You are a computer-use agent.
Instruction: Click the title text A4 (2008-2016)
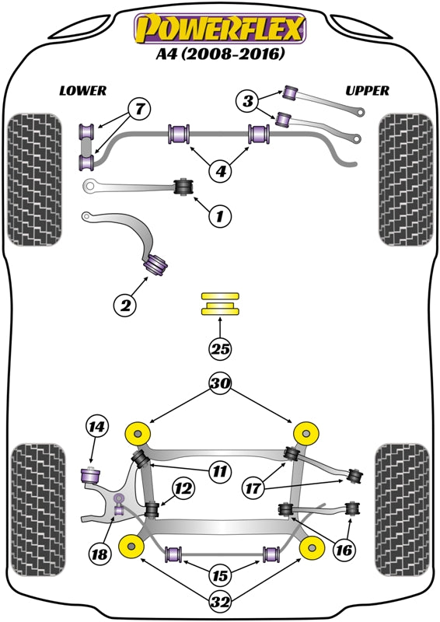pos(220,55)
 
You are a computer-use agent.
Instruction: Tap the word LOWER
pos(82,90)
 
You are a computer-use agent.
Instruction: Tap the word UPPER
pos(367,90)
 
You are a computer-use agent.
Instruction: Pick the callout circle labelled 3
pos(248,100)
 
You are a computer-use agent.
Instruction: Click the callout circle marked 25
pos(220,350)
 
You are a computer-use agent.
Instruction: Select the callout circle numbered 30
pos(220,384)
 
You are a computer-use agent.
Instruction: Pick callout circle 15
pos(222,576)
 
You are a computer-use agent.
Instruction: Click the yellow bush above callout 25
pos(221,303)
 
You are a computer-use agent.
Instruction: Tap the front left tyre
pos(33,180)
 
